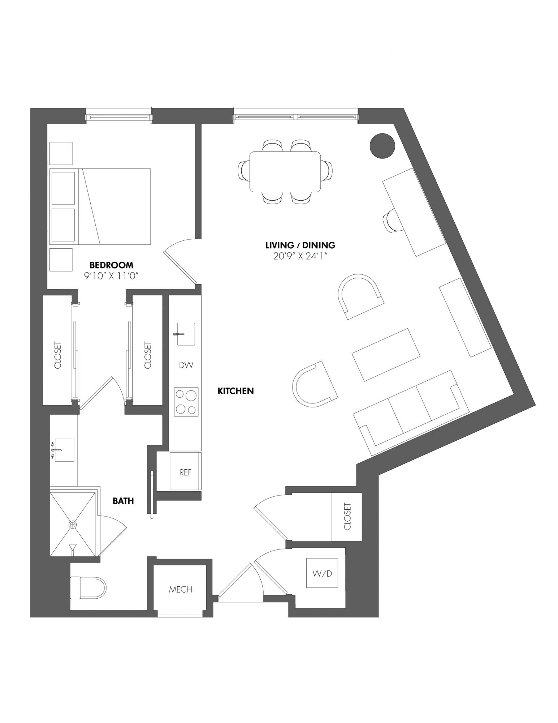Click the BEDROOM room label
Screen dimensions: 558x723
pos(111,265)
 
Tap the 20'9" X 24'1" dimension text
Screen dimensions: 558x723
pos(300,256)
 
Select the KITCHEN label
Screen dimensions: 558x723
pos(236,391)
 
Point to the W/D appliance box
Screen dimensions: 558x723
pos(322,573)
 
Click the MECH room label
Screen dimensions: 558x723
pos(181,590)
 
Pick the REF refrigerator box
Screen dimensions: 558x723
pos(185,471)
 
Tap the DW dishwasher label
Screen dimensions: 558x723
pos(186,365)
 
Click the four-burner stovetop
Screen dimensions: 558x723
pos(186,401)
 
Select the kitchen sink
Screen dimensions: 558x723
pos(186,334)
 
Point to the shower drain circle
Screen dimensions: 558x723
pos(73,524)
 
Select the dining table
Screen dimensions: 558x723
pos(285,172)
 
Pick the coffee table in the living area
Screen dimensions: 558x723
pos(386,355)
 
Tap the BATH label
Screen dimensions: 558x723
pos(123,501)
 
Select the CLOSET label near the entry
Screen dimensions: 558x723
pos(347,517)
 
